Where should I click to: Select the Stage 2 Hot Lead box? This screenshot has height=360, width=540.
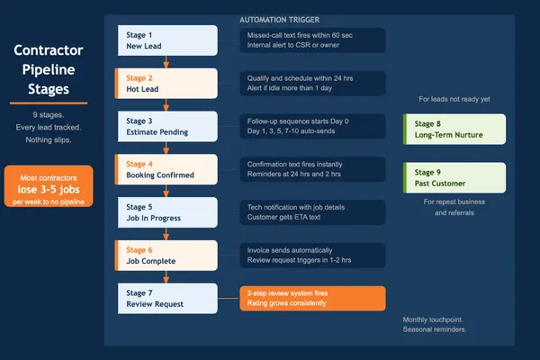[167, 84]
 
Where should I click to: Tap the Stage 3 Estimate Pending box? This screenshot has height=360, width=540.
[167, 126]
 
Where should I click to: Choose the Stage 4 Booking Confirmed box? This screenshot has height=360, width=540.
[167, 169]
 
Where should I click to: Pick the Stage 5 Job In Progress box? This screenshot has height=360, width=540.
[167, 212]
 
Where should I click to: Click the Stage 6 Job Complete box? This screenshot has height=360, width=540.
[167, 255]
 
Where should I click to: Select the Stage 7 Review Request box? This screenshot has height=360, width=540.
[167, 298]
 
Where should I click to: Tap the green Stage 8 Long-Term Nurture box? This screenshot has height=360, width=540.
[454, 130]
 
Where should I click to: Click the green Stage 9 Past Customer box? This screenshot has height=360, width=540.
[454, 177]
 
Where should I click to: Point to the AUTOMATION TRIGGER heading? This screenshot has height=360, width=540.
[279, 19]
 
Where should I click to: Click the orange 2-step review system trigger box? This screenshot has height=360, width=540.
[312, 298]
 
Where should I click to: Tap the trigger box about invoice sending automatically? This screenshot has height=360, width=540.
[312, 255]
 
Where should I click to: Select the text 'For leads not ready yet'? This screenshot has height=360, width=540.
[454, 99]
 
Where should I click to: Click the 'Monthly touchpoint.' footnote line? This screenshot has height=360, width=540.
[434, 319]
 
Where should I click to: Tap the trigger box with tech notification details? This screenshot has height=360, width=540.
[312, 212]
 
